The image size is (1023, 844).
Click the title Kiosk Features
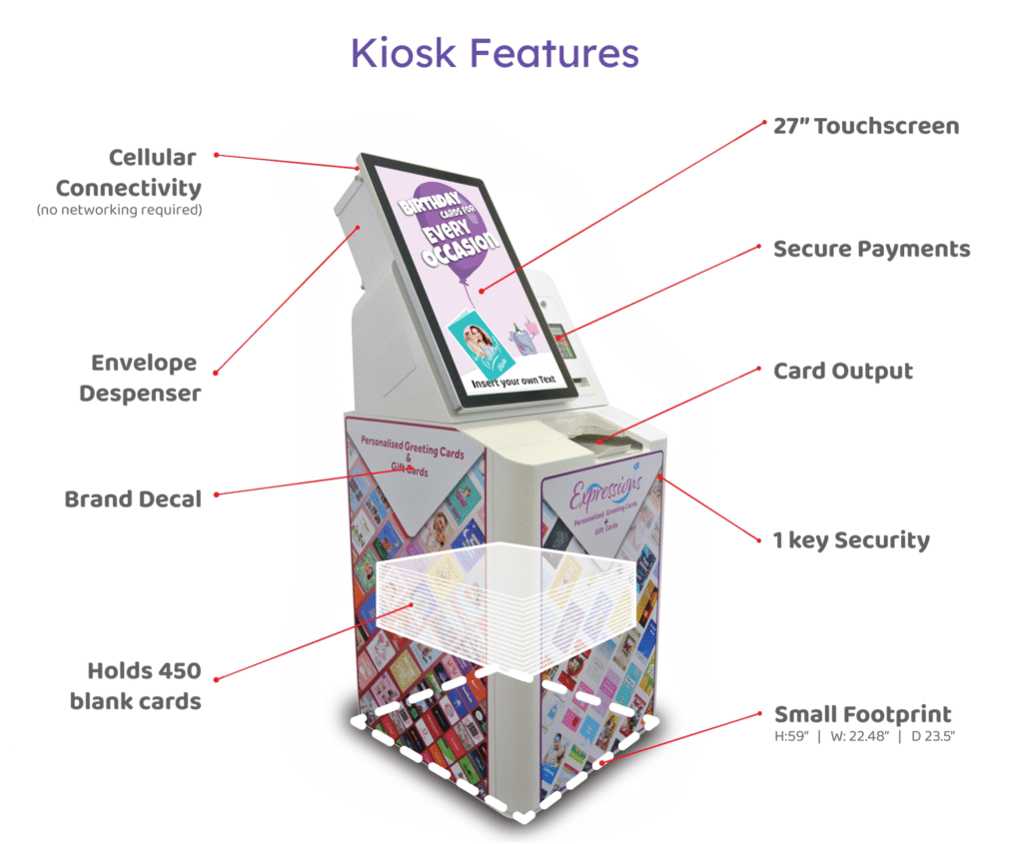point(495,53)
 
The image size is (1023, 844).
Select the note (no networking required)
point(119,210)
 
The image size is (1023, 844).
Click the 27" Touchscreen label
point(866,127)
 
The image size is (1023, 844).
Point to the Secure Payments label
point(871,249)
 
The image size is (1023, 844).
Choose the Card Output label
point(843,372)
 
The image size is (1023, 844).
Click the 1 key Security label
point(851,540)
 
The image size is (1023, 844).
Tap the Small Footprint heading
point(862,714)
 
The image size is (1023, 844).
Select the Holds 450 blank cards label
point(135,686)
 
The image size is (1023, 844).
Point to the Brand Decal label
point(133,498)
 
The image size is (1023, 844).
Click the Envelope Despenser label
point(140,378)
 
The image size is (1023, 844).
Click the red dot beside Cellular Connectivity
point(217,155)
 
